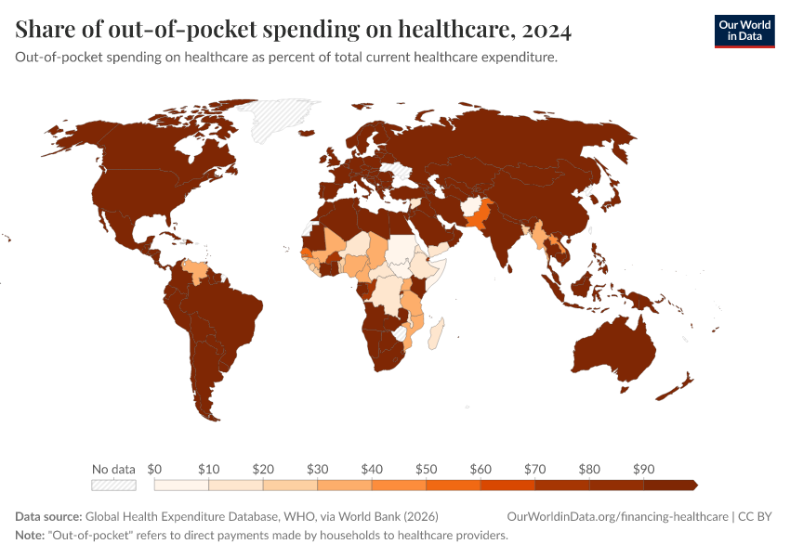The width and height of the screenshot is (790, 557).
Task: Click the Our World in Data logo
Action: (744, 31)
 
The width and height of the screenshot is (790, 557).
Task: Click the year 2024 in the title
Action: (546, 31)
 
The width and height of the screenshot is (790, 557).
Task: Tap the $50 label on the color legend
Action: (427, 469)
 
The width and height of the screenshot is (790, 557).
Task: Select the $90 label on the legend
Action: (644, 469)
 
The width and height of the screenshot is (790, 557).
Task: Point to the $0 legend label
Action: (155, 469)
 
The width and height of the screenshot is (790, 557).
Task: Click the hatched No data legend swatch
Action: (113, 485)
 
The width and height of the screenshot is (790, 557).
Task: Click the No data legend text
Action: (113, 469)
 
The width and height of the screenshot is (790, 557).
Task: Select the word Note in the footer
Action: (30, 536)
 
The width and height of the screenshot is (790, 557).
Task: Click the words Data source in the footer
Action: (48, 516)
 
